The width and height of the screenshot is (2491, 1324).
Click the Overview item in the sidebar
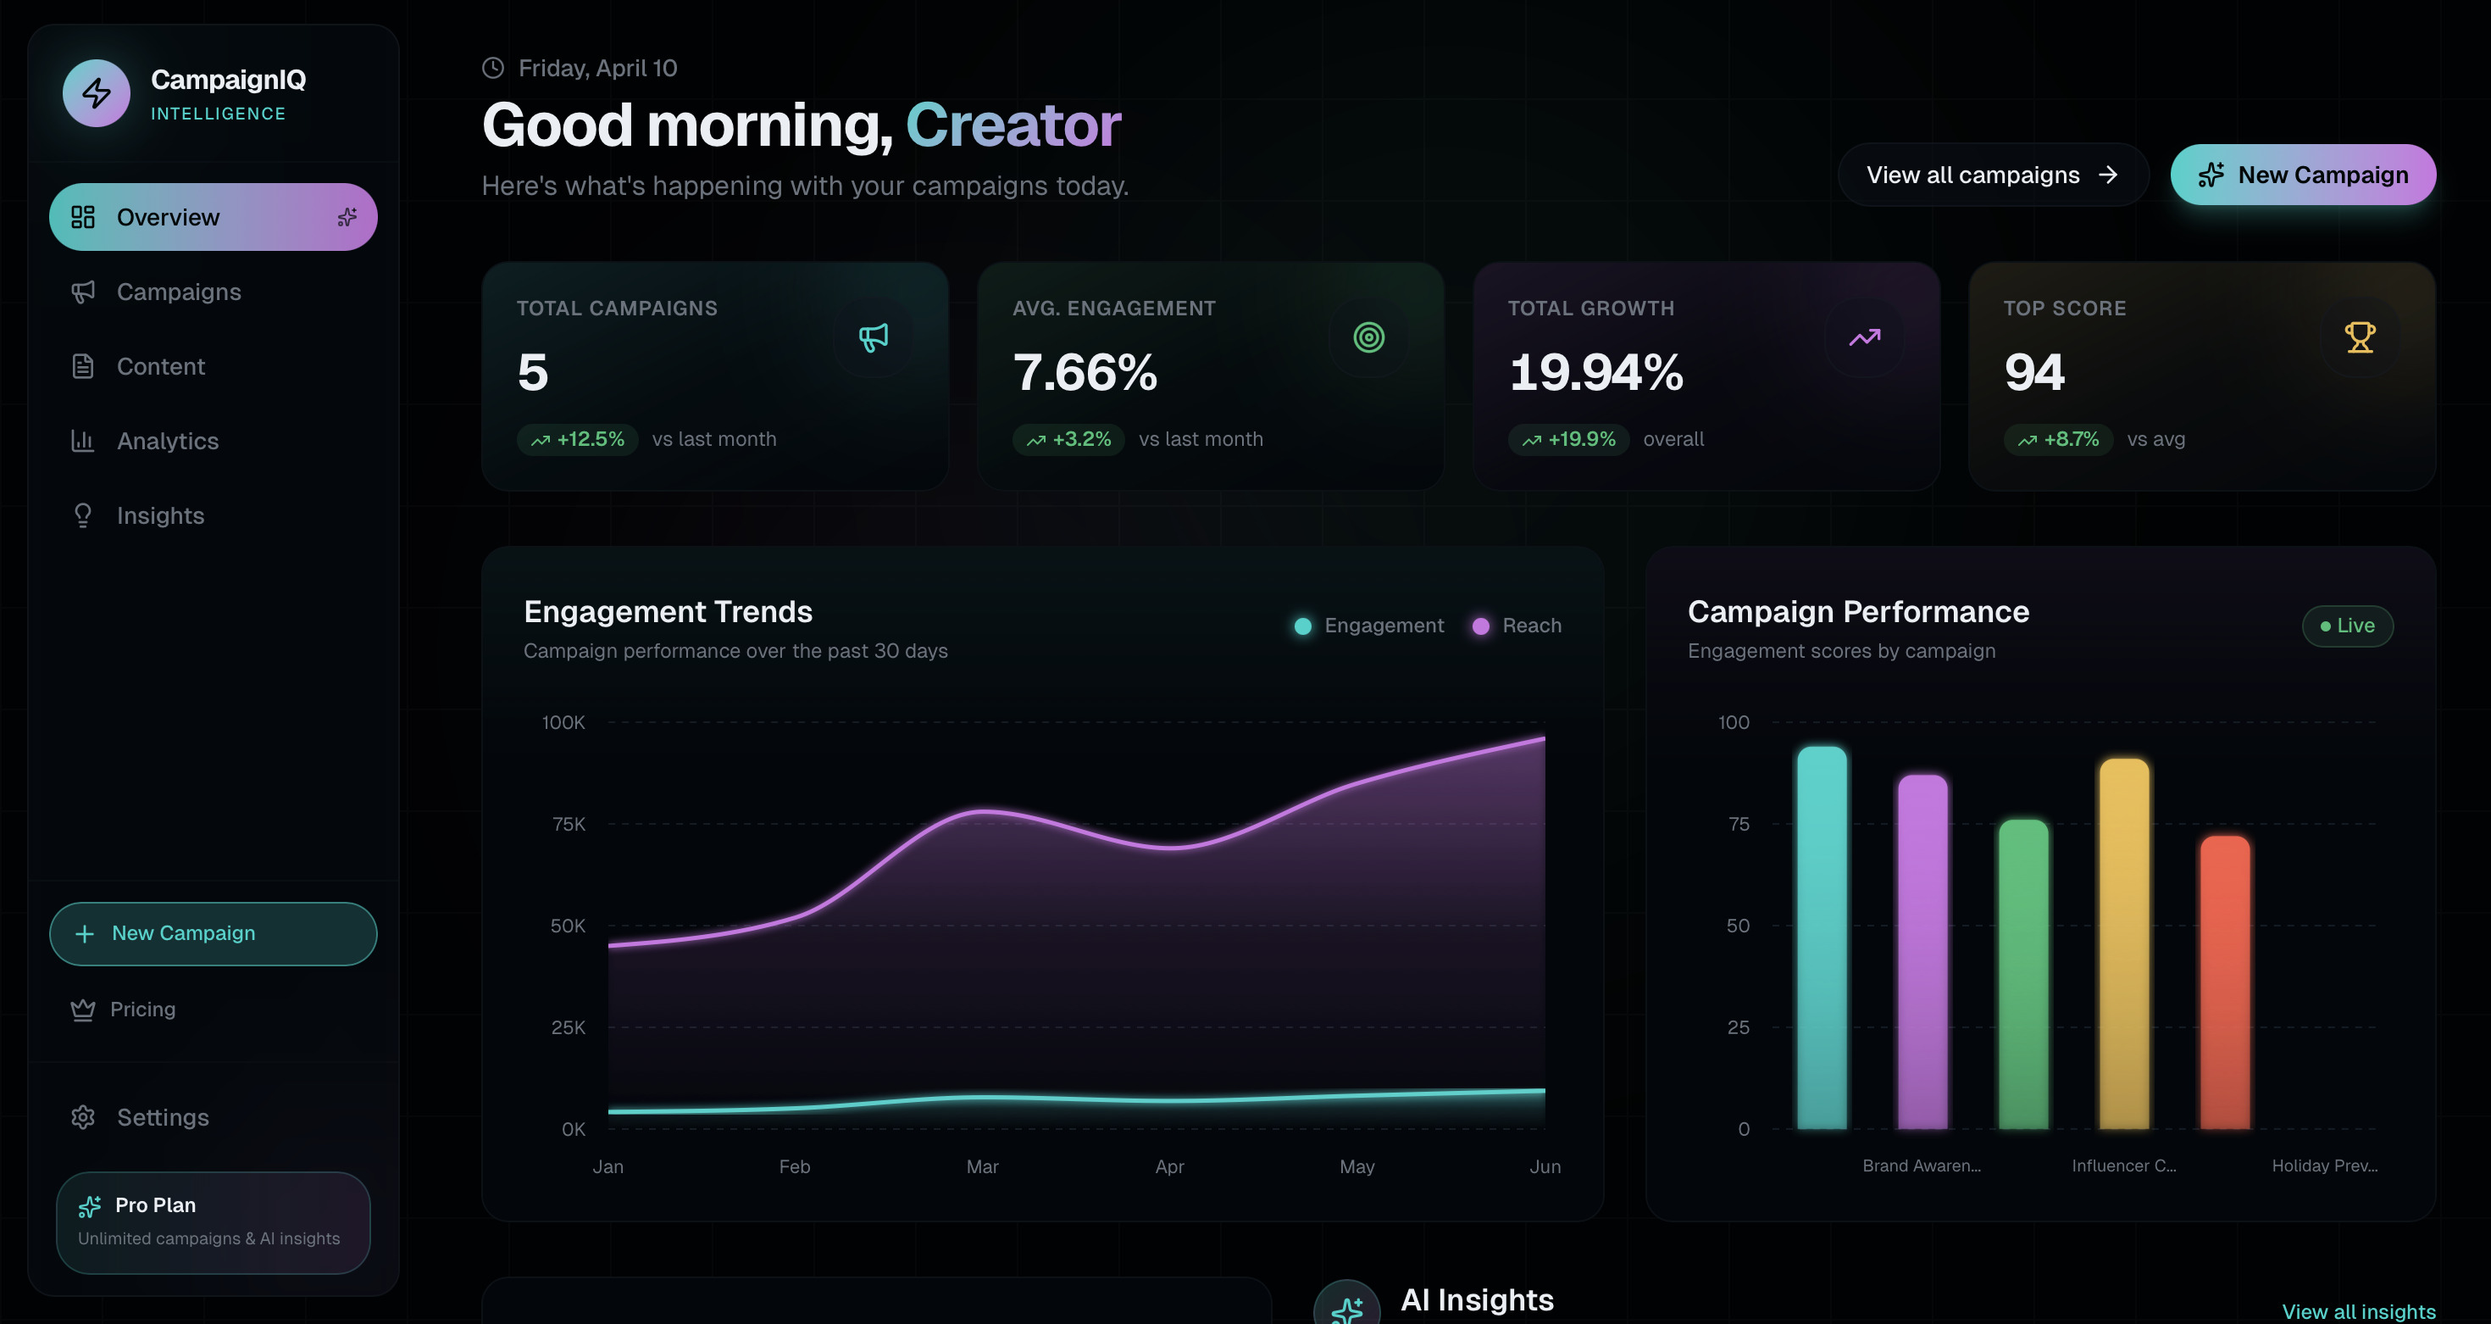click(x=213, y=217)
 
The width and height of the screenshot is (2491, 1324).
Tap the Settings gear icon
click(x=83, y=1117)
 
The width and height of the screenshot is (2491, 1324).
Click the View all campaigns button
click(x=1993, y=175)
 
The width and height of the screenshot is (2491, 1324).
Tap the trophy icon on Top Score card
click(x=2360, y=337)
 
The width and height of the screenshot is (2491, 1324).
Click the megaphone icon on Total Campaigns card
click(x=874, y=337)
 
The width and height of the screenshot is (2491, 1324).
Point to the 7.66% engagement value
click(x=1085, y=372)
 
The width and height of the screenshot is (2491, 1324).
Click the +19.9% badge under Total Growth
click(x=1568, y=439)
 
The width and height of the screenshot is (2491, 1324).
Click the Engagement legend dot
click(x=1302, y=626)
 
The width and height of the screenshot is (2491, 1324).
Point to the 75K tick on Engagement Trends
click(x=569, y=824)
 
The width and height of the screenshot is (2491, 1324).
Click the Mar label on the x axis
click(x=983, y=1166)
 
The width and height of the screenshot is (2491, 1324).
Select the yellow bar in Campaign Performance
click(x=2123, y=943)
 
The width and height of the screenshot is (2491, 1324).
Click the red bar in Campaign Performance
click(x=2224, y=982)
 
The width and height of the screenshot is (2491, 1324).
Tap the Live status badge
click(x=2347, y=626)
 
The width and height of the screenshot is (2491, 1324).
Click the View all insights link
click(x=2359, y=1311)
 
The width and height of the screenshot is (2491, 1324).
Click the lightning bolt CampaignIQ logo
click(x=96, y=93)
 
